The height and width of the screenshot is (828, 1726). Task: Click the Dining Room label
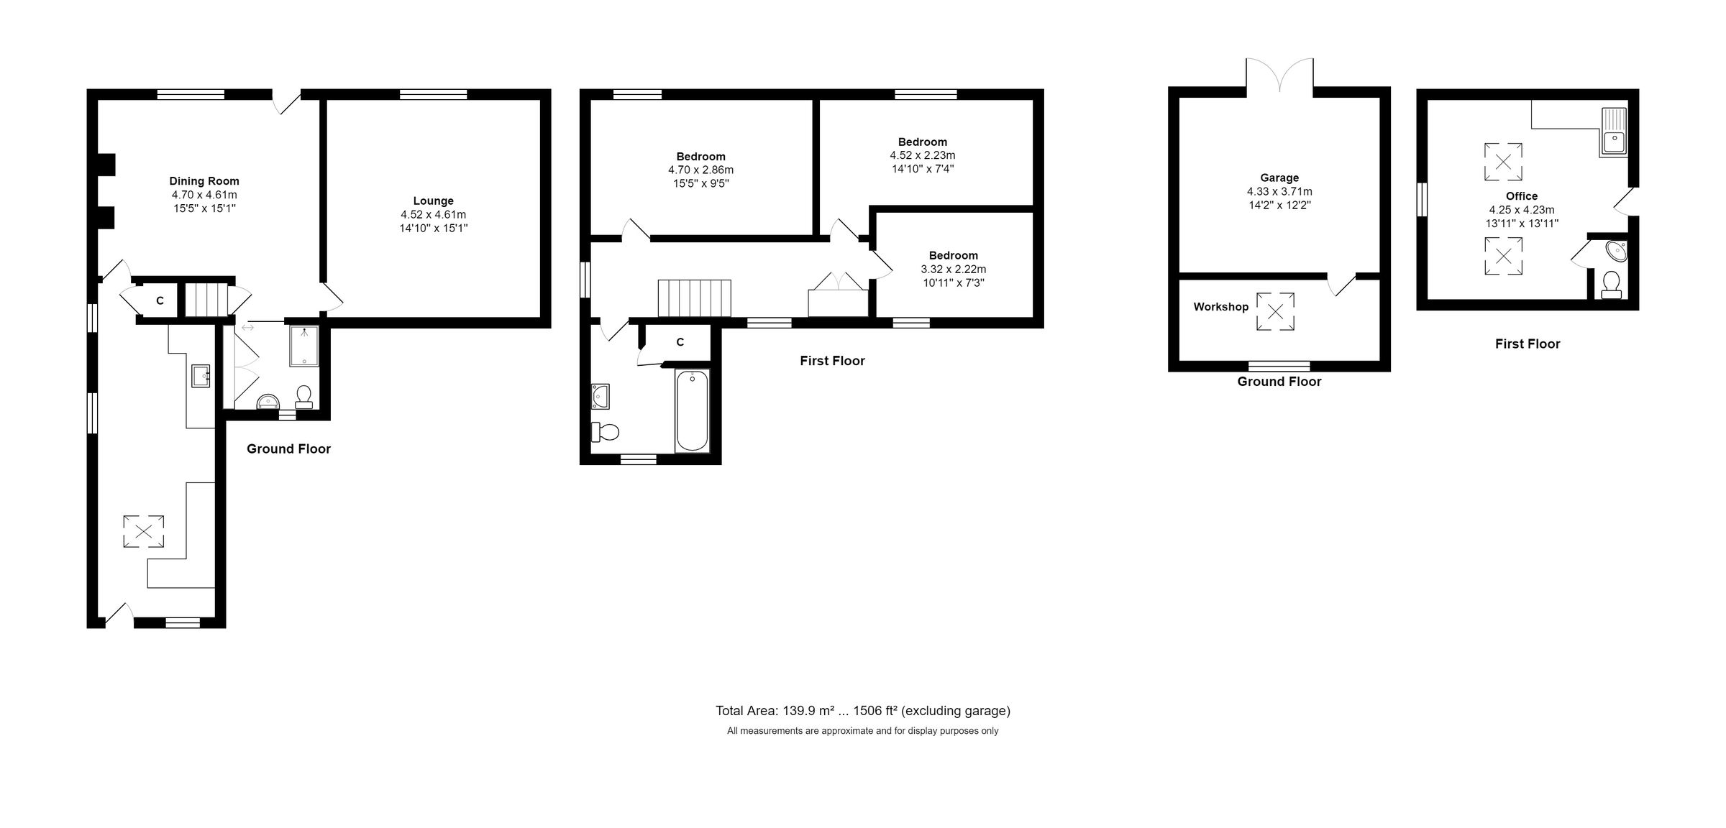point(204,181)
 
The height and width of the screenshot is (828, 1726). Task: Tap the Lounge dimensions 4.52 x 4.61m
point(433,215)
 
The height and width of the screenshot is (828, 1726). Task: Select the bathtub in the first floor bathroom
point(692,411)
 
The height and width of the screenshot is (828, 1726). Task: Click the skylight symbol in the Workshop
point(1275,312)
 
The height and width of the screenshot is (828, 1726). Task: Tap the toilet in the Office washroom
point(1612,285)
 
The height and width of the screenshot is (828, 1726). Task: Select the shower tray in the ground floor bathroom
point(304,346)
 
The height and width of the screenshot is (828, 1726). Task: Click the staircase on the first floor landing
point(694,298)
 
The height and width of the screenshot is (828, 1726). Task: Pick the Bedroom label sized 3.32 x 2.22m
point(953,256)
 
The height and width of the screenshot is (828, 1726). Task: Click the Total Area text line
point(862,711)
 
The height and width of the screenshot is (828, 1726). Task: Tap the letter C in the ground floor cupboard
point(160,301)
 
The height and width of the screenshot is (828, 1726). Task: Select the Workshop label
point(1220,307)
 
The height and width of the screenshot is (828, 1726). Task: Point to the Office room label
point(1522,196)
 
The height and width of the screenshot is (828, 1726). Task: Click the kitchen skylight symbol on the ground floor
point(144,532)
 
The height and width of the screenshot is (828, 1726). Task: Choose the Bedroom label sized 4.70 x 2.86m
point(700,157)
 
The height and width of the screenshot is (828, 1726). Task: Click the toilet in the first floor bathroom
point(606,432)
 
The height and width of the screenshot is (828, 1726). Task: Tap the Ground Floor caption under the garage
point(1279,382)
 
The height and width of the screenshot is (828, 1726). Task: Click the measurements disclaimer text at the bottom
point(862,731)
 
